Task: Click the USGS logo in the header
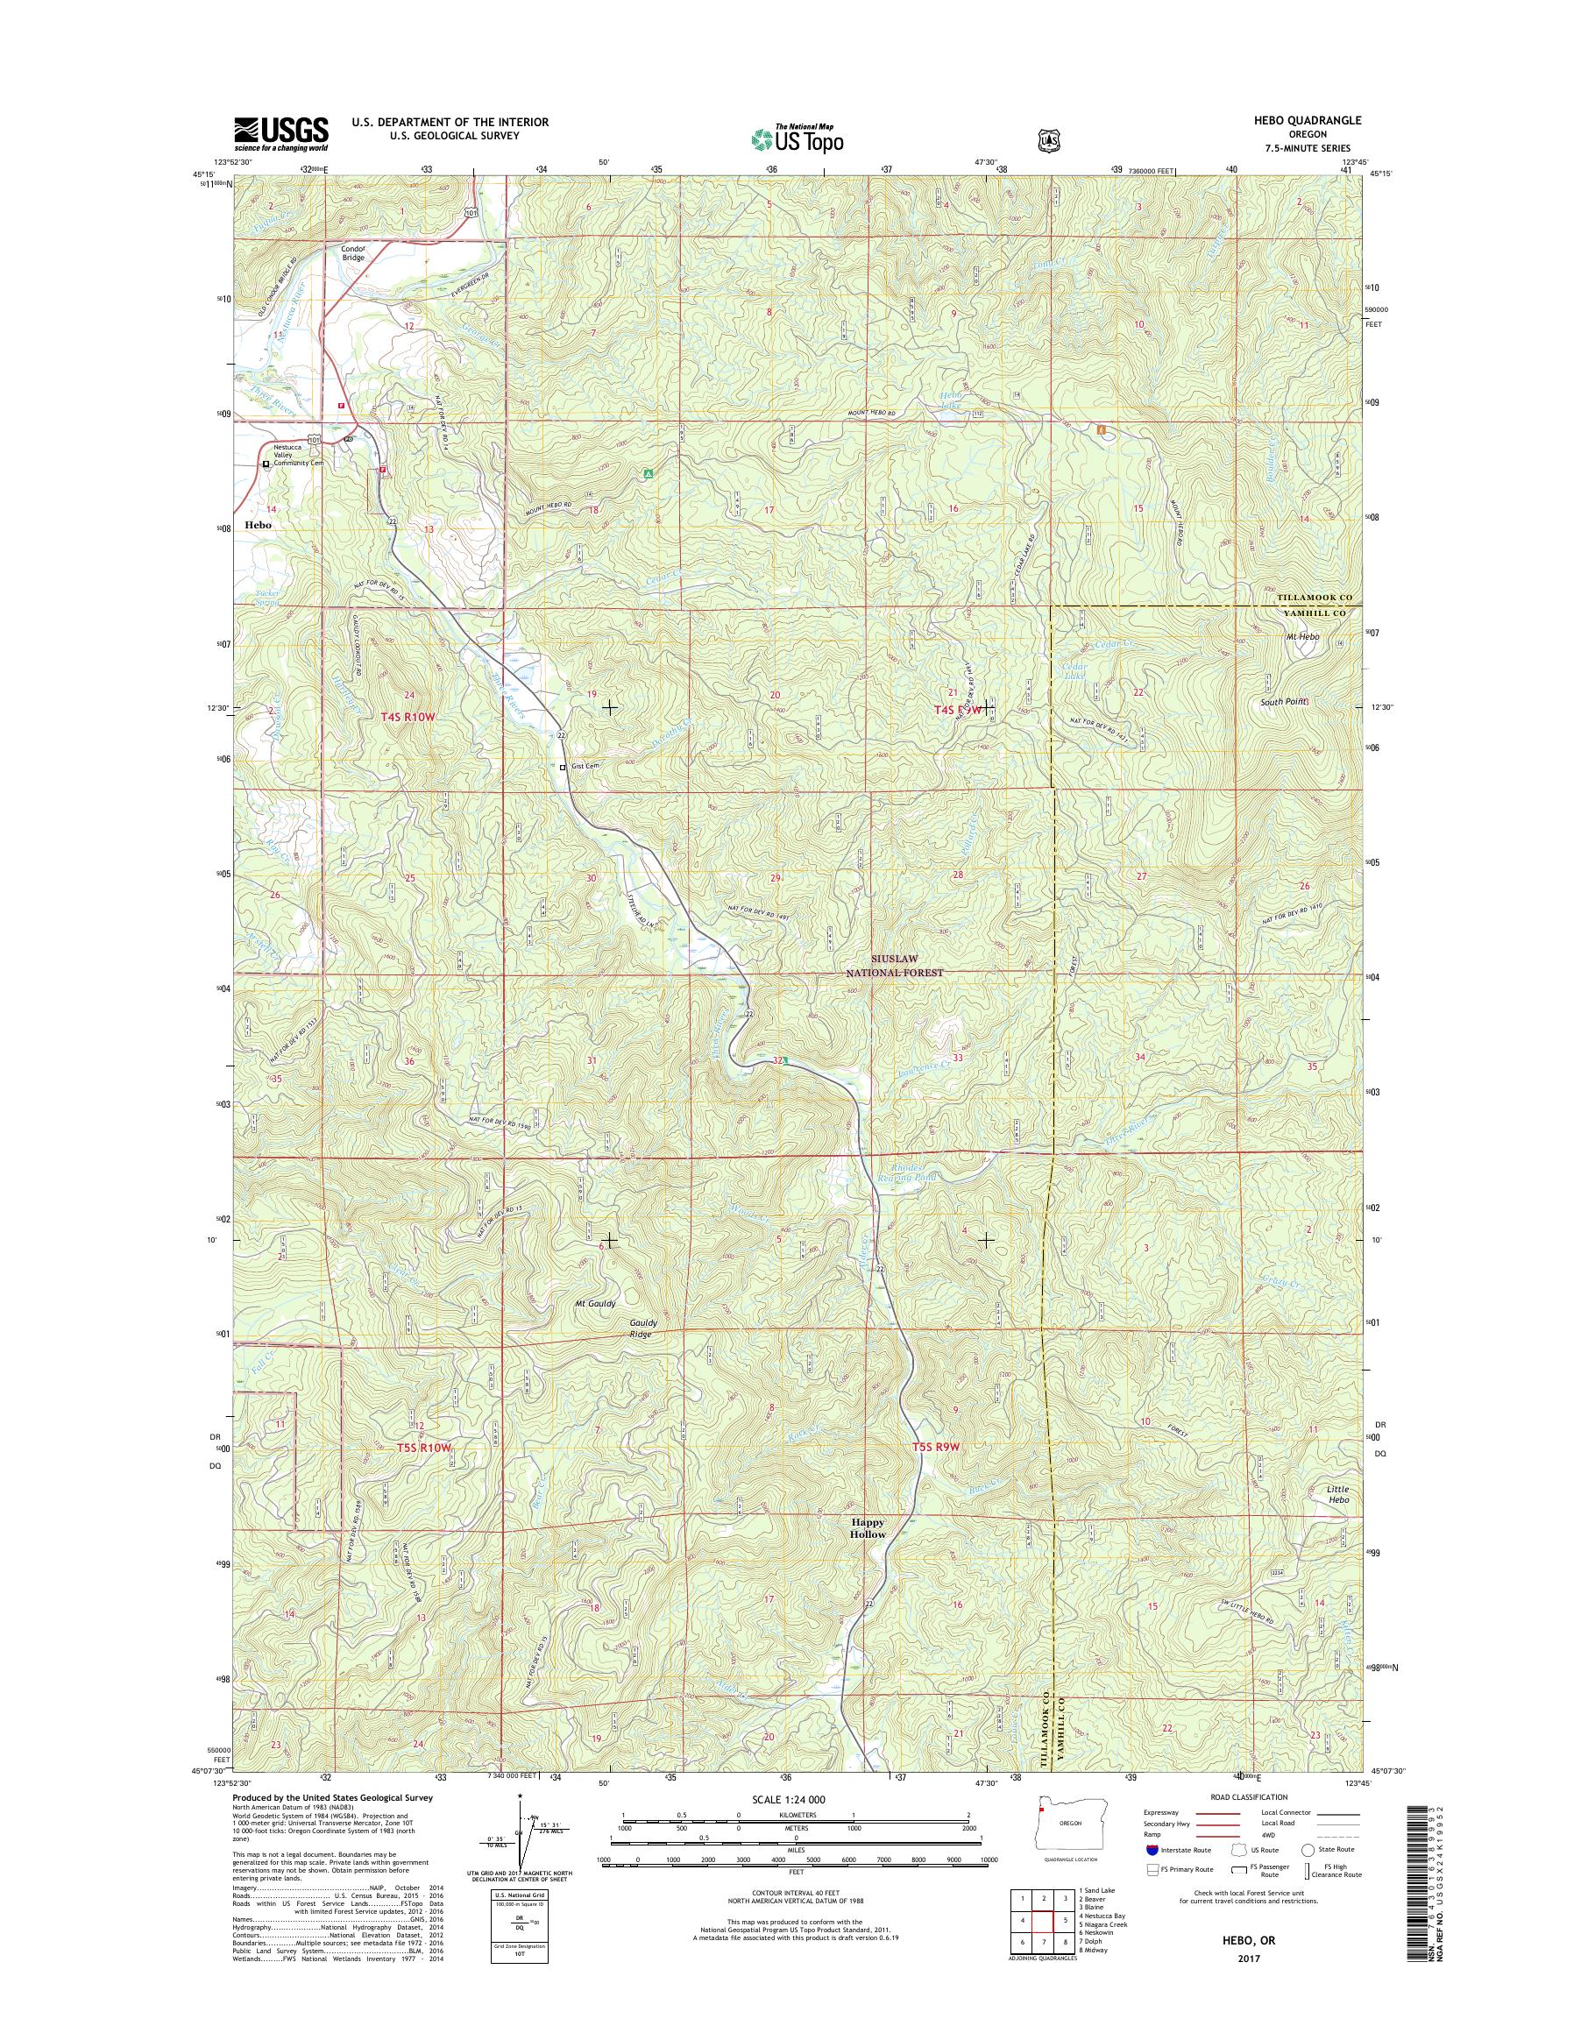(280, 133)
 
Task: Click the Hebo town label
(258, 525)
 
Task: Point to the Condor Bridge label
(353, 252)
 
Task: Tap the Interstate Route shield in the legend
(1151, 1876)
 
